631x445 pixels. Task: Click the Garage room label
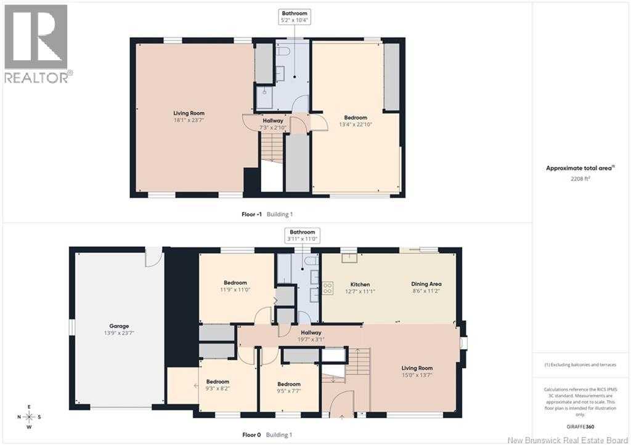pyautogui.click(x=119, y=326)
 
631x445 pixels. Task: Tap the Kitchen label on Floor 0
pyautogui.click(x=360, y=284)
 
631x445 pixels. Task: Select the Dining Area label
pyautogui.click(x=426, y=284)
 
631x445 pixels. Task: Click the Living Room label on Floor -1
pyautogui.click(x=189, y=113)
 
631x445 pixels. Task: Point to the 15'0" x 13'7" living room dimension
pyautogui.click(x=417, y=375)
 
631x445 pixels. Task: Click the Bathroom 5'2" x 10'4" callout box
pyautogui.click(x=295, y=17)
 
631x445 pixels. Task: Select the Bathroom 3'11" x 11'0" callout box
pyautogui.click(x=302, y=236)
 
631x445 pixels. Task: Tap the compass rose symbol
pyautogui.click(x=29, y=417)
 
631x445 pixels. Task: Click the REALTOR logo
pyautogui.click(x=38, y=44)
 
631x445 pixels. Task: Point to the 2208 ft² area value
pyautogui.click(x=580, y=178)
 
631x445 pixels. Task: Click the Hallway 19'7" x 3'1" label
pyautogui.click(x=311, y=335)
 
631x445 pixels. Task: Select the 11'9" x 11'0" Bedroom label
pyautogui.click(x=235, y=286)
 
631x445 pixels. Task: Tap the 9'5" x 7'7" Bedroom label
pyautogui.click(x=289, y=387)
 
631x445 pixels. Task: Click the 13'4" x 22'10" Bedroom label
pyautogui.click(x=356, y=121)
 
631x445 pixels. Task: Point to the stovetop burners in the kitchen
pyautogui.click(x=328, y=288)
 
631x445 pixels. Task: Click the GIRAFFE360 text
pyautogui.click(x=580, y=427)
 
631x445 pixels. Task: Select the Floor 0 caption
pyautogui.click(x=251, y=435)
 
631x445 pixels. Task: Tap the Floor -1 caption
pyautogui.click(x=251, y=214)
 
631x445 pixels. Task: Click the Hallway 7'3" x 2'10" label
pyautogui.click(x=273, y=124)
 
